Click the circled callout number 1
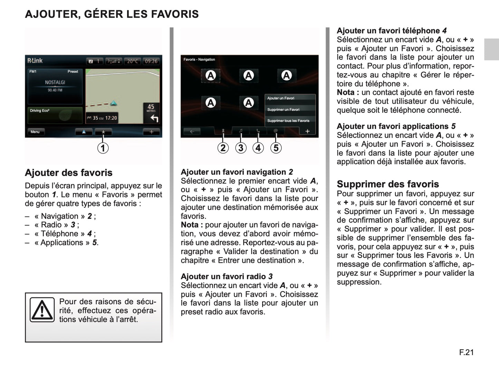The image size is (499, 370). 103,148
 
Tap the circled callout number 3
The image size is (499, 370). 241,148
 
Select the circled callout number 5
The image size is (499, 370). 276,148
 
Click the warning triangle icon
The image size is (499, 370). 42,310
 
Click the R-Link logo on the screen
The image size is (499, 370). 35,61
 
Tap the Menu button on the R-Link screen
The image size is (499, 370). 35,132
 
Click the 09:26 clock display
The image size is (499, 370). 151,61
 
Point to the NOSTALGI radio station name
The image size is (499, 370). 55,82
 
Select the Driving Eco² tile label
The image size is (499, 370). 40,111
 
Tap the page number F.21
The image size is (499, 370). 466,352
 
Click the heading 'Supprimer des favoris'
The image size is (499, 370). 387,184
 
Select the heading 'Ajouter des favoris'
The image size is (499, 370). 69,173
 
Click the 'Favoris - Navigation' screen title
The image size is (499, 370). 199,59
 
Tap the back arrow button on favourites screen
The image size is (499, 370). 192,131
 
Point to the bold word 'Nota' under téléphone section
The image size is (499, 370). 345,92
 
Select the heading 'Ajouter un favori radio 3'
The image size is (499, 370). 227,276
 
